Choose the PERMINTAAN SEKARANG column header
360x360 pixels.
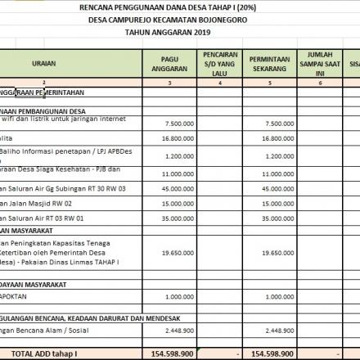[268, 62]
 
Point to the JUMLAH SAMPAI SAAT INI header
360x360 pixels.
[317, 62]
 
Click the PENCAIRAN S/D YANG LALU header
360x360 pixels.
[217, 62]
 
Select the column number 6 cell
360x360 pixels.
[317, 83]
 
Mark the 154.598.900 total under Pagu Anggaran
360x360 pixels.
[174, 353]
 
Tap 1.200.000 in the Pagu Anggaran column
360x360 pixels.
[179, 155]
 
